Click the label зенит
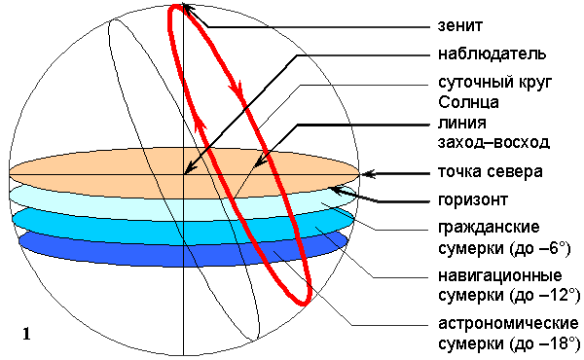(460, 25)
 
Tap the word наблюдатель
(492, 54)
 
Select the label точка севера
(491, 171)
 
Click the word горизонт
(473, 199)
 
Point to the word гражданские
(489, 227)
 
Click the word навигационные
(500, 276)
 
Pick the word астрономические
(508, 324)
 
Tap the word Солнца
(468, 102)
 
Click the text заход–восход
(493, 142)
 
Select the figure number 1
(26, 334)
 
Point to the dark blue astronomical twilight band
(183, 249)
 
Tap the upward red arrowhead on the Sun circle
(200, 126)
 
